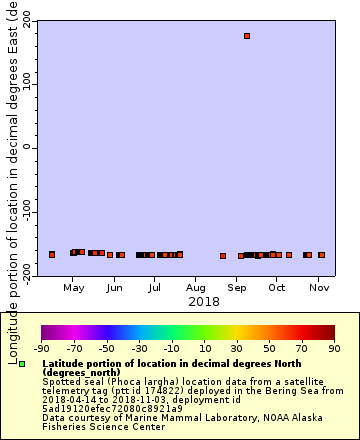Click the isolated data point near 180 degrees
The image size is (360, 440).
pos(247,36)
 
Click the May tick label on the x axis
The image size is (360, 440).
pos(74,288)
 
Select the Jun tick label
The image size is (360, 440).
pos(115,288)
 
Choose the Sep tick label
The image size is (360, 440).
pos(237,288)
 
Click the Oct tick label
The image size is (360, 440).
pos(277,288)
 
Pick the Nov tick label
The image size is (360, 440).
pos(318,288)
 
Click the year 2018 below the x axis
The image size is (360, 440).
pos(204,301)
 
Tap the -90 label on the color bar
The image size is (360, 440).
pos(42,349)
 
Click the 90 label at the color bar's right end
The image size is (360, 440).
pos(335,349)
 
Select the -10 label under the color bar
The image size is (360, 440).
pos(172,349)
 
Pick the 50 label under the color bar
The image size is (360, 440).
pos(270,349)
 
